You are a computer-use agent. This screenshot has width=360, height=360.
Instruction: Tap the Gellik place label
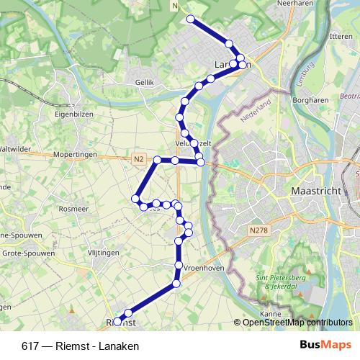(x=145, y=83)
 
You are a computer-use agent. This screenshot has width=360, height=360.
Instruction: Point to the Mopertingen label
(x=75, y=155)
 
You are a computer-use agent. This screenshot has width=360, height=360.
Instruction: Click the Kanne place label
(x=271, y=315)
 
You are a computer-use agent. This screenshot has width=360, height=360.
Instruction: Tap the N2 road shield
(x=139, y=158)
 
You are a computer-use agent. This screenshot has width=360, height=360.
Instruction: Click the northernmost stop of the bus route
(x=191, y=19)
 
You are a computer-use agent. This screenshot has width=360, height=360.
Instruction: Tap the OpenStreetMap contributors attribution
(x=297, y=323)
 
